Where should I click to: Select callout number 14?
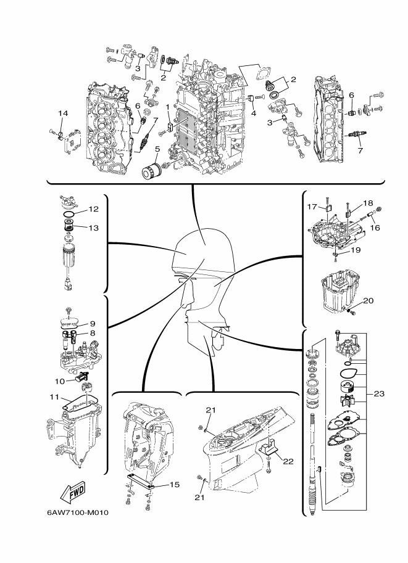63,113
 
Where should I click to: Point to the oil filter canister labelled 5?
152,171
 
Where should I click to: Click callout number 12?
93,209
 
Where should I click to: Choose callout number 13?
93,228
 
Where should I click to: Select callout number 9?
92,323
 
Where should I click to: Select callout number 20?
368,301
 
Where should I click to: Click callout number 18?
368,203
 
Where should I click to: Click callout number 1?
167,106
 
